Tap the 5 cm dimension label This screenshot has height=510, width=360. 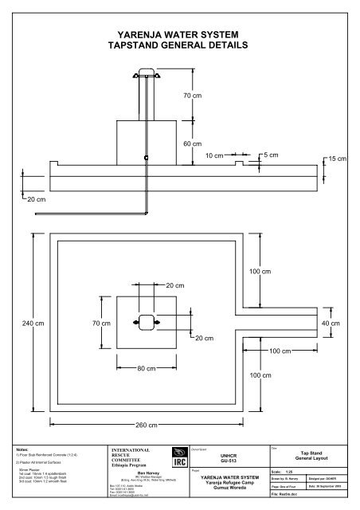[x=271, y=154]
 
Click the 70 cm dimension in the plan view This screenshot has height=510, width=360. [x=100, y=324]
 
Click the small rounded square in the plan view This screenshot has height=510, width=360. [x=145, y=323]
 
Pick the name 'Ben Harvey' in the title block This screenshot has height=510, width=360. [x=150, y=473]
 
